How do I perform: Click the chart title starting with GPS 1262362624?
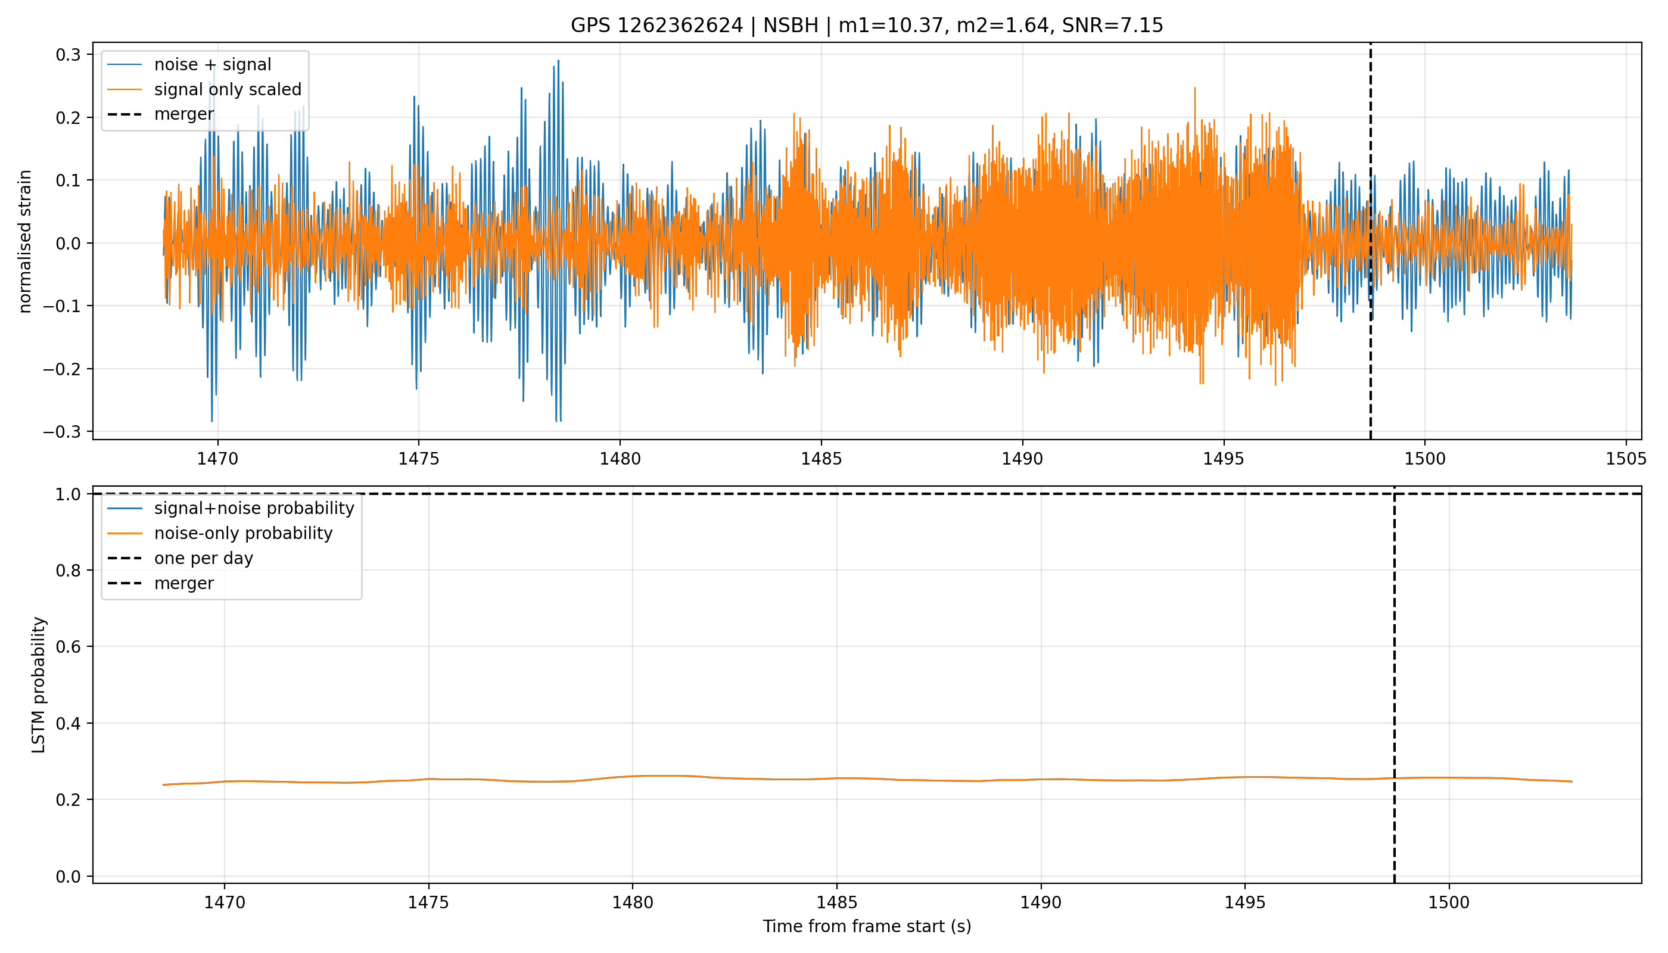pos(867,26)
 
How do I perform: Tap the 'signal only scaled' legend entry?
pos(204,89)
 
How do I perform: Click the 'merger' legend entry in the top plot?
pos(161,114)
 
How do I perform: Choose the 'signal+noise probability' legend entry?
pos(231,509)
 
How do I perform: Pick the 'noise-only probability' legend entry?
pos(220,534)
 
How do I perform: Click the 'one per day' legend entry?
pos(180,558)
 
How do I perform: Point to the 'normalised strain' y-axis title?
pos(25,241)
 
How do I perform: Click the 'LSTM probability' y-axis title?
pos(39,684)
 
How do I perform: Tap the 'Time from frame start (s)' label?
pos(867,926)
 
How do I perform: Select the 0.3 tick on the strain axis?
pos(68,55)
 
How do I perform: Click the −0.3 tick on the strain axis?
pos(62,432)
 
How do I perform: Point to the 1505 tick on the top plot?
pos(1626,458)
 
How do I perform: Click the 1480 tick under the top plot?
pos(620,458)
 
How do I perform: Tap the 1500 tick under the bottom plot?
pos(1449,902)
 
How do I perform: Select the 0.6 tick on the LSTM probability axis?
pos(68,647)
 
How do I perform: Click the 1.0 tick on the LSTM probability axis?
pos(68,494)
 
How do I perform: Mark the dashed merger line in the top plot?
pos(1370,241)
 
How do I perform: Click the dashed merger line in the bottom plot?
pos(1395,684)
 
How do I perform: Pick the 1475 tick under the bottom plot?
pos(429,902)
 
